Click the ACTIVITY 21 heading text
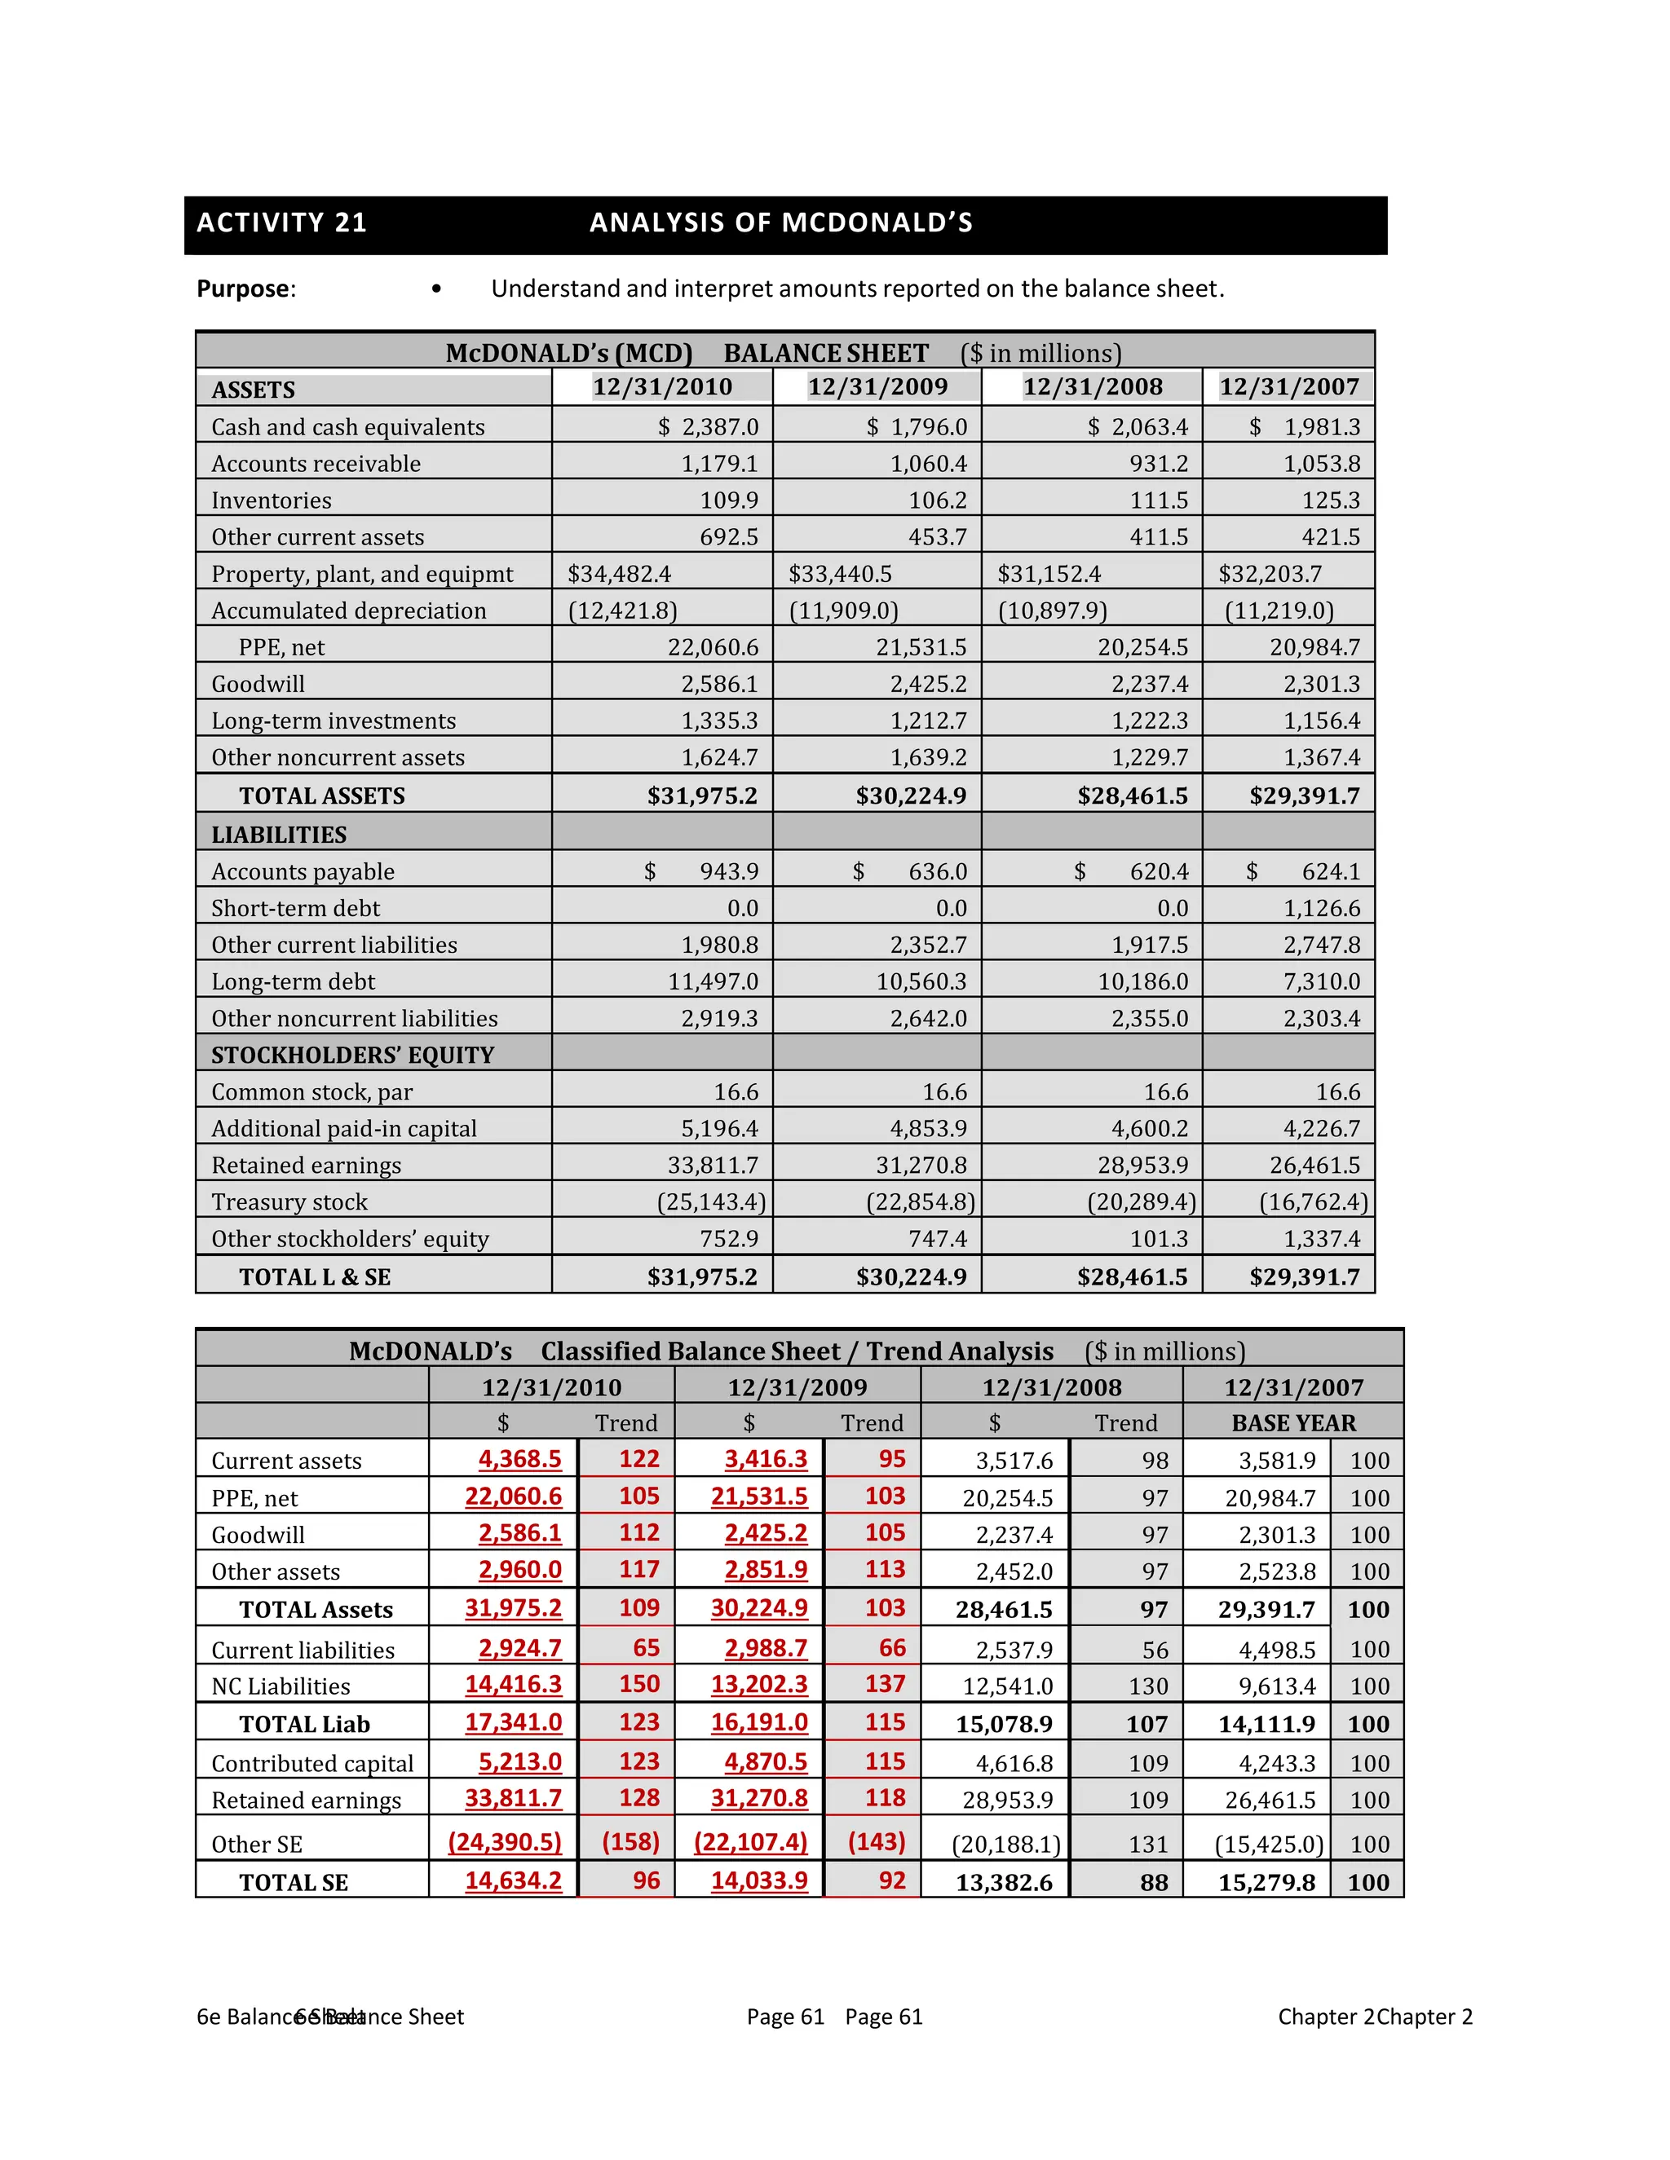coord(282,223)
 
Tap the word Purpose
coord(243,289)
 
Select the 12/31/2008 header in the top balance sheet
coord(1092,386)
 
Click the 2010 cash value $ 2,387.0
coord(709,427)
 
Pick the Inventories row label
coord(271,500)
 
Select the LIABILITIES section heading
coord(279,835)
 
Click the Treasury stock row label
coord(289,1201)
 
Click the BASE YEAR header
coord(1293,1422)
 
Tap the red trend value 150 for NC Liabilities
coord(639,1684)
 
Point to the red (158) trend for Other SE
coord(630,1841)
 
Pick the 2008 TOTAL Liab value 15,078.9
coord(1003,1724)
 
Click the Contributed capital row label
coord(312,1763)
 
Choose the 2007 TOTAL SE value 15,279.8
coord(1266,1882)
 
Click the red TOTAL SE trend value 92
coord(891,1880)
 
